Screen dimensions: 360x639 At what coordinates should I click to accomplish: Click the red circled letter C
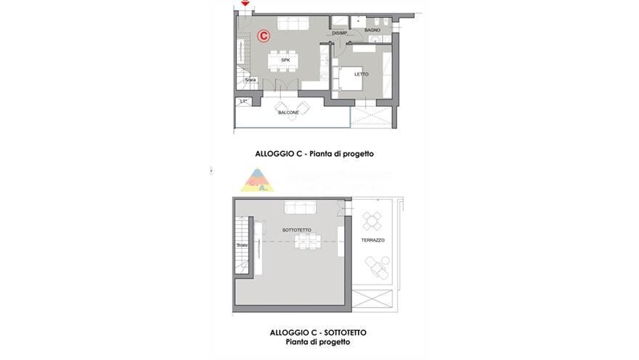264,35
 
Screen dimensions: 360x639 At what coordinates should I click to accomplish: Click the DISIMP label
339,33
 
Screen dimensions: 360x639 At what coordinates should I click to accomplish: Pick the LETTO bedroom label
361,73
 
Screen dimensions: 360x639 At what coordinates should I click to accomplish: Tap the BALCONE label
288,112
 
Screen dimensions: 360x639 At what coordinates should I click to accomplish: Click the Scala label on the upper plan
250,80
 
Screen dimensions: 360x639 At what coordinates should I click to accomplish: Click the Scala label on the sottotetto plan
241,245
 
